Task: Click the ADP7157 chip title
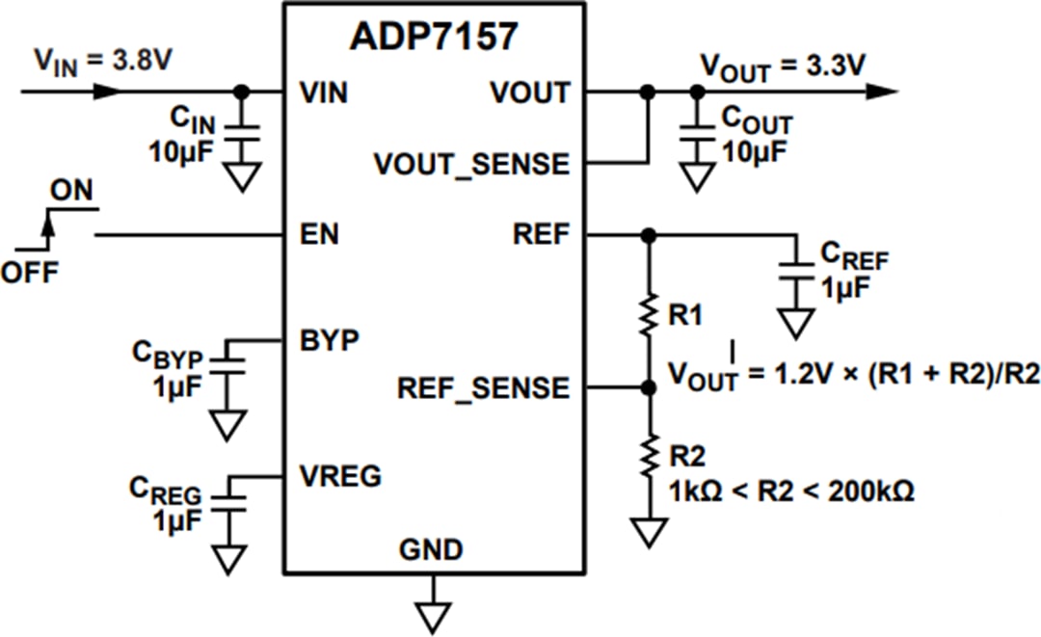tap(433, 36)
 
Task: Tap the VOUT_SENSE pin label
tap(471, 164)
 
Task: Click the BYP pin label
tap(329, 339)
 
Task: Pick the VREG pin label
tap(339, 475)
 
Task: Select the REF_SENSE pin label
tap(483, 388)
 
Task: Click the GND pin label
tap(431, 550)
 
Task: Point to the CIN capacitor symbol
tap(242, 136)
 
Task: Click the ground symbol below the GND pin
tap(434, 615)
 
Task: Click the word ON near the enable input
tap(72, 190)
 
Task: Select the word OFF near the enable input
tap(29, 272)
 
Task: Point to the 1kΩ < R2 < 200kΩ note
tap(790, 491)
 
